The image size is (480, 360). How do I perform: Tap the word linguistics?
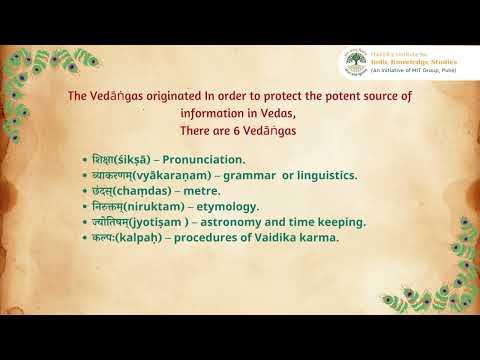[x=322, y=174]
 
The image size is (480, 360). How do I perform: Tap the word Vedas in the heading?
[x=290, y=113]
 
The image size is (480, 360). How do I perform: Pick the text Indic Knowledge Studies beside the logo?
[x=407, y=60]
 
